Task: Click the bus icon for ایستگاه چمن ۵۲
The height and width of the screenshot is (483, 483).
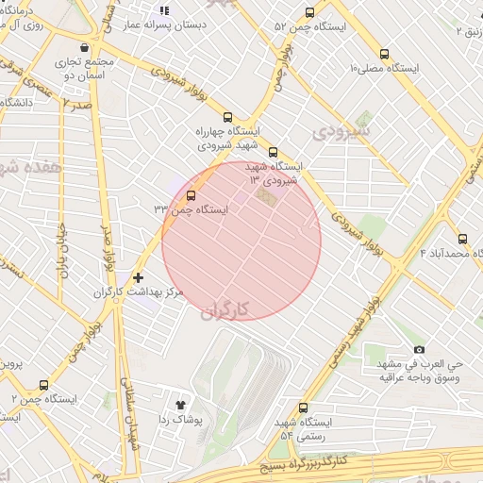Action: (310, 12)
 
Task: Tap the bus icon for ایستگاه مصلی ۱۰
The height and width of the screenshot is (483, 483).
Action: (384, 54)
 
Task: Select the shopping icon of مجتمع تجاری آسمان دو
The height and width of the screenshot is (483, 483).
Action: (86, 46)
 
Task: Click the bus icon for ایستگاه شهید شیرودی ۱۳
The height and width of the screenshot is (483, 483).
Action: (274, 152)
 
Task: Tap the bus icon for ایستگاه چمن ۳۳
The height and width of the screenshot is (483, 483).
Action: (192, 196)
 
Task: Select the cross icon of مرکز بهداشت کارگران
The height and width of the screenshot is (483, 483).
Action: (138, 277)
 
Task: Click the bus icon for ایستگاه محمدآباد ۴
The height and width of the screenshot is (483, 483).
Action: (462, 239)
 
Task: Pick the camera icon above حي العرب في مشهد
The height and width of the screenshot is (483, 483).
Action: (419, 349)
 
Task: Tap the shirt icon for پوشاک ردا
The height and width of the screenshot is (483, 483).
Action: (181, 404)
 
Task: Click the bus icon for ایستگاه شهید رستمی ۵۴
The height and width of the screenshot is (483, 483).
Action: (302, 408)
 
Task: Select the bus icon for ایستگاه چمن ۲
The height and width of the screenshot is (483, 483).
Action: (43, 385)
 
